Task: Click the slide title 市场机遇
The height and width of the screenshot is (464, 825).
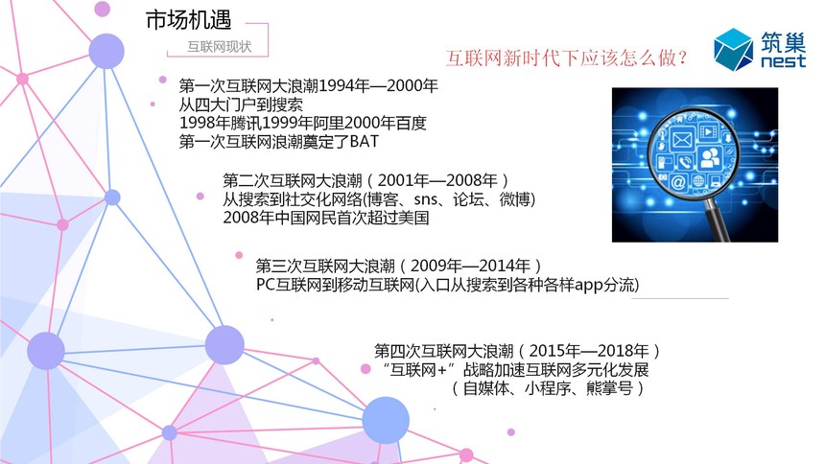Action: pos(188,20)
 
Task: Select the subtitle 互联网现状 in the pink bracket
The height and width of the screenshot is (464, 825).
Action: pos(220,47)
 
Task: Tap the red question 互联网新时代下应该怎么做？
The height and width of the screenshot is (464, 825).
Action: pos(567,58)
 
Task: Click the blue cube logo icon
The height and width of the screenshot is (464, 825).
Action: pos(733,50)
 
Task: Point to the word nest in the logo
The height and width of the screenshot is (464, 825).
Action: pos(784,60)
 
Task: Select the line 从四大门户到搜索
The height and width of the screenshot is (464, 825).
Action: pos(241,104)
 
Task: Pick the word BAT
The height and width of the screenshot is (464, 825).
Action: pos(365,141)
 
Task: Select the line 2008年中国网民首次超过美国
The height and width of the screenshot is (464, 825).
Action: pos(326,218)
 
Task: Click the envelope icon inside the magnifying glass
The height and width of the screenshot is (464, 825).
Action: pos(682,140)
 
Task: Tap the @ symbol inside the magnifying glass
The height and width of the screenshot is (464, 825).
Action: pos(678,182)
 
